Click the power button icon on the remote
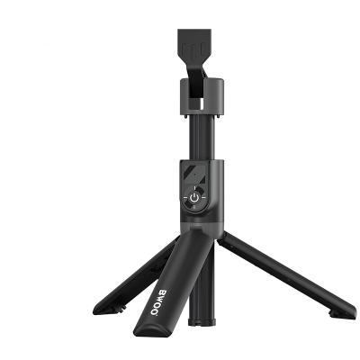click(x=194, y=197)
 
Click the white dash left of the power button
click(x=183, y=198)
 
